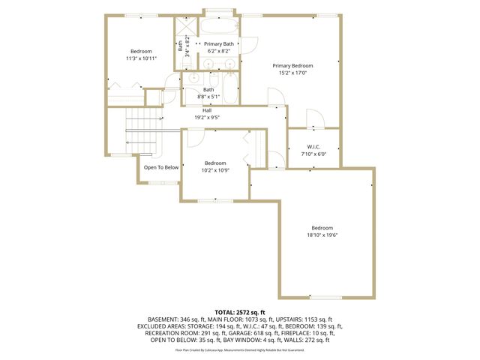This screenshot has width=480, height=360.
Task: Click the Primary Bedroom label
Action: [292, 66]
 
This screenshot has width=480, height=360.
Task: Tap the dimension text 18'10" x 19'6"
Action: [322, 235]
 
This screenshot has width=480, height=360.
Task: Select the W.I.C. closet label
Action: [314, 146]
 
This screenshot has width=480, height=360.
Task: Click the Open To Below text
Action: [161, 167]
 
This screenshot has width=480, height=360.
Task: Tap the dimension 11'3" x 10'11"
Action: [140, 58]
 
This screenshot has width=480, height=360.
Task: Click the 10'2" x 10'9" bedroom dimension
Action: [215, 170]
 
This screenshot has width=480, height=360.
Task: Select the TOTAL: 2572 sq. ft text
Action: [240, 312]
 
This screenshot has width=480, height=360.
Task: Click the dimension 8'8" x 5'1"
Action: [208, 97]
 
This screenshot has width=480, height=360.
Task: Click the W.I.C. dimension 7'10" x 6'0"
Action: [314, 154]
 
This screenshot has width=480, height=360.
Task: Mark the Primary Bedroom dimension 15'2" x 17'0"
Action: [292, 73]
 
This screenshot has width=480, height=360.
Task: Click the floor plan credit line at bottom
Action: [240, 349]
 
